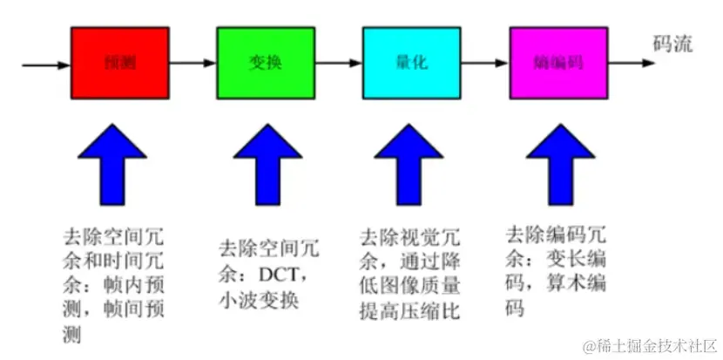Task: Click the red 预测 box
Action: tap(106, 65)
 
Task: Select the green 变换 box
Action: tap(253, 65)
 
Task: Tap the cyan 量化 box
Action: tap(399, 65)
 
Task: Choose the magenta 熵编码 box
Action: tap(545, 65)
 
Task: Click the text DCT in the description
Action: tap(282, 274)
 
